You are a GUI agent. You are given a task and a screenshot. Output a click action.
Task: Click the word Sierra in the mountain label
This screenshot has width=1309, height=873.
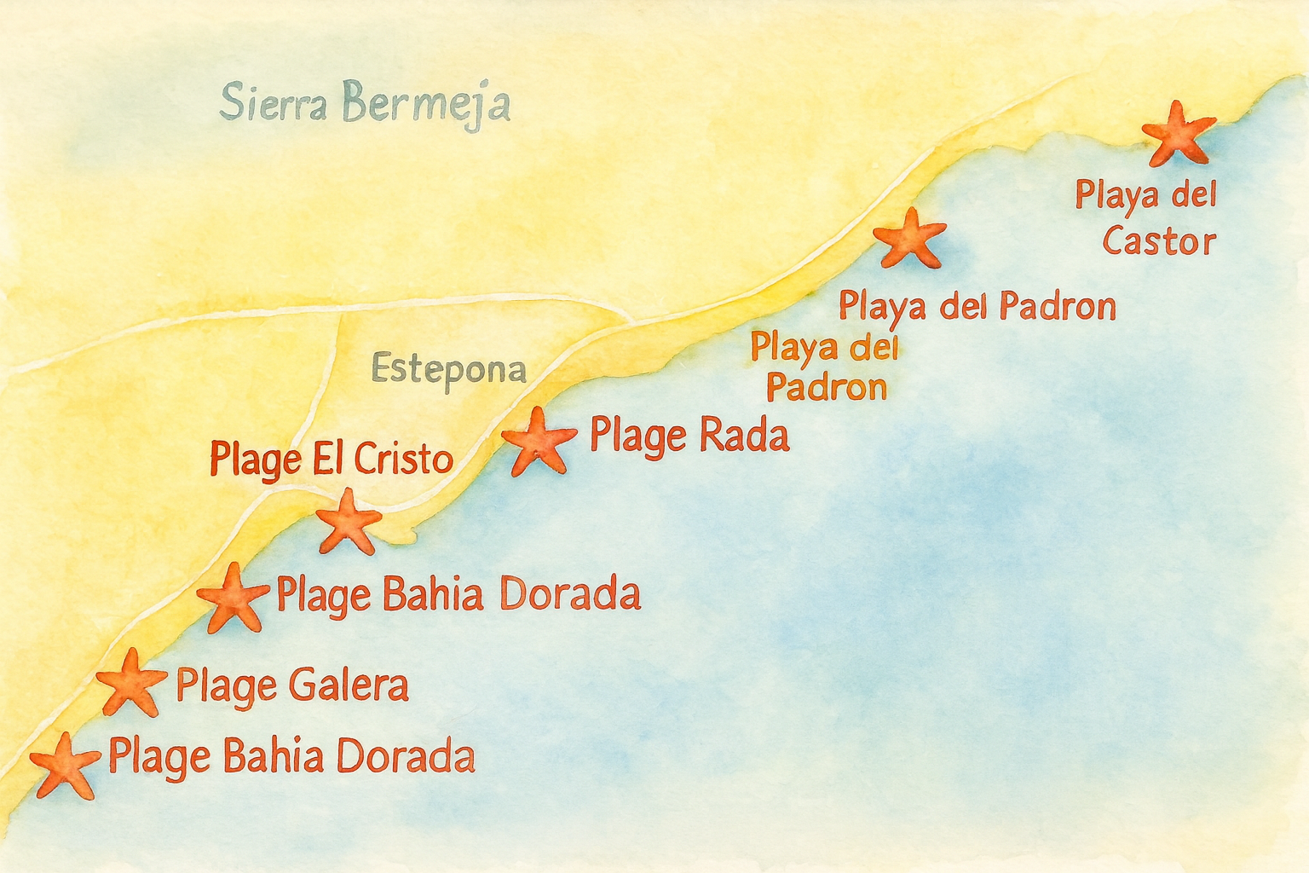[x=273, y=103]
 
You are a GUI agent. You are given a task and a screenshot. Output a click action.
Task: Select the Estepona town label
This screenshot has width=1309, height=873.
[x=449, y=370]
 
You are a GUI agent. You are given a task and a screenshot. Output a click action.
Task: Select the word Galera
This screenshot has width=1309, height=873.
[x=349, y=686]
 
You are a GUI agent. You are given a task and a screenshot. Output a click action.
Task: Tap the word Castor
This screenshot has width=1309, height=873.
[x=1158, y=241]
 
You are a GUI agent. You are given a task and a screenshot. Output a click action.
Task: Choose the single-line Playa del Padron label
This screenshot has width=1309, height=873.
[x=977, y=306]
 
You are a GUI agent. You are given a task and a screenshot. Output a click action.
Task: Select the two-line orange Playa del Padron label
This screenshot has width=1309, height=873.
[x=825, y=367]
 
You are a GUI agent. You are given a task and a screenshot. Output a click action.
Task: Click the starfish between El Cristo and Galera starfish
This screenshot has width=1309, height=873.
[x=233, y=598]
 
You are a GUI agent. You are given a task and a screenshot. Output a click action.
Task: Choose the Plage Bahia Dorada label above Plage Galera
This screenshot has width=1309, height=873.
[x=458, y=595]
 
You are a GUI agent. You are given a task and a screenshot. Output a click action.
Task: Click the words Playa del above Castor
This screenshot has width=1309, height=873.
[x=1145, y=195]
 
